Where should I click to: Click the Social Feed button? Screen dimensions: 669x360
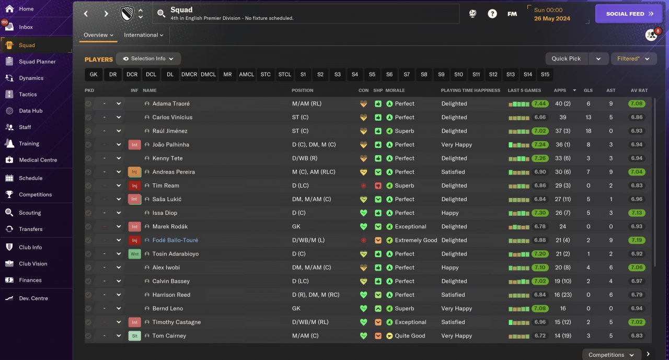(x=629, y=14)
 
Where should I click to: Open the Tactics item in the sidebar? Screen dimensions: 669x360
(x=28, y=95)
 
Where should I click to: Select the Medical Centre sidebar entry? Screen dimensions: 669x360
(x=38, y=160)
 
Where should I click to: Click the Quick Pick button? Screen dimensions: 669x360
(x=566, y=59)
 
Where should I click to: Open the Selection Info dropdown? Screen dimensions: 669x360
(x=148, y=59)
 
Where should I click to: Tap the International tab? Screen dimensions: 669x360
(x=143, y=35)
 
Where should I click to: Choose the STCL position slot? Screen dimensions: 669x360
(x=284, y=75)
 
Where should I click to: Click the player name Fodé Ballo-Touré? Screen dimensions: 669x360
(x=175, y=240)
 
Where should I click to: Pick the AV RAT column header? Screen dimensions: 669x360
(x=639, y=90)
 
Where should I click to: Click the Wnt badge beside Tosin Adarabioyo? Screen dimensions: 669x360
(x=134, y=254)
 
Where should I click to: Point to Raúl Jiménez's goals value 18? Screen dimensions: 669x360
(x=589, y=131)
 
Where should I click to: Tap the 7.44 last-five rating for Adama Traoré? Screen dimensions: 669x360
(x=540, y=103)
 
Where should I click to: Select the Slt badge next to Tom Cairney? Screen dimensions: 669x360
(x=134, y=336)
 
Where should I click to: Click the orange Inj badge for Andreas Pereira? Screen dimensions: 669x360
(x=134, y=172)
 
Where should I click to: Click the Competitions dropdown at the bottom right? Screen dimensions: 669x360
(x=611, y=355)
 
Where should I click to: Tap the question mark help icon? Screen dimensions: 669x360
(x=492, y=14)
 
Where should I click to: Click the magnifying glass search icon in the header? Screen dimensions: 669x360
(x=162, y=14)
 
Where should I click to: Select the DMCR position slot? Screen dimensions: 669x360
(x=189, y=75)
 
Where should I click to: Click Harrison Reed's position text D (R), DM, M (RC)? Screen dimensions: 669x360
(x=316, y=295)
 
